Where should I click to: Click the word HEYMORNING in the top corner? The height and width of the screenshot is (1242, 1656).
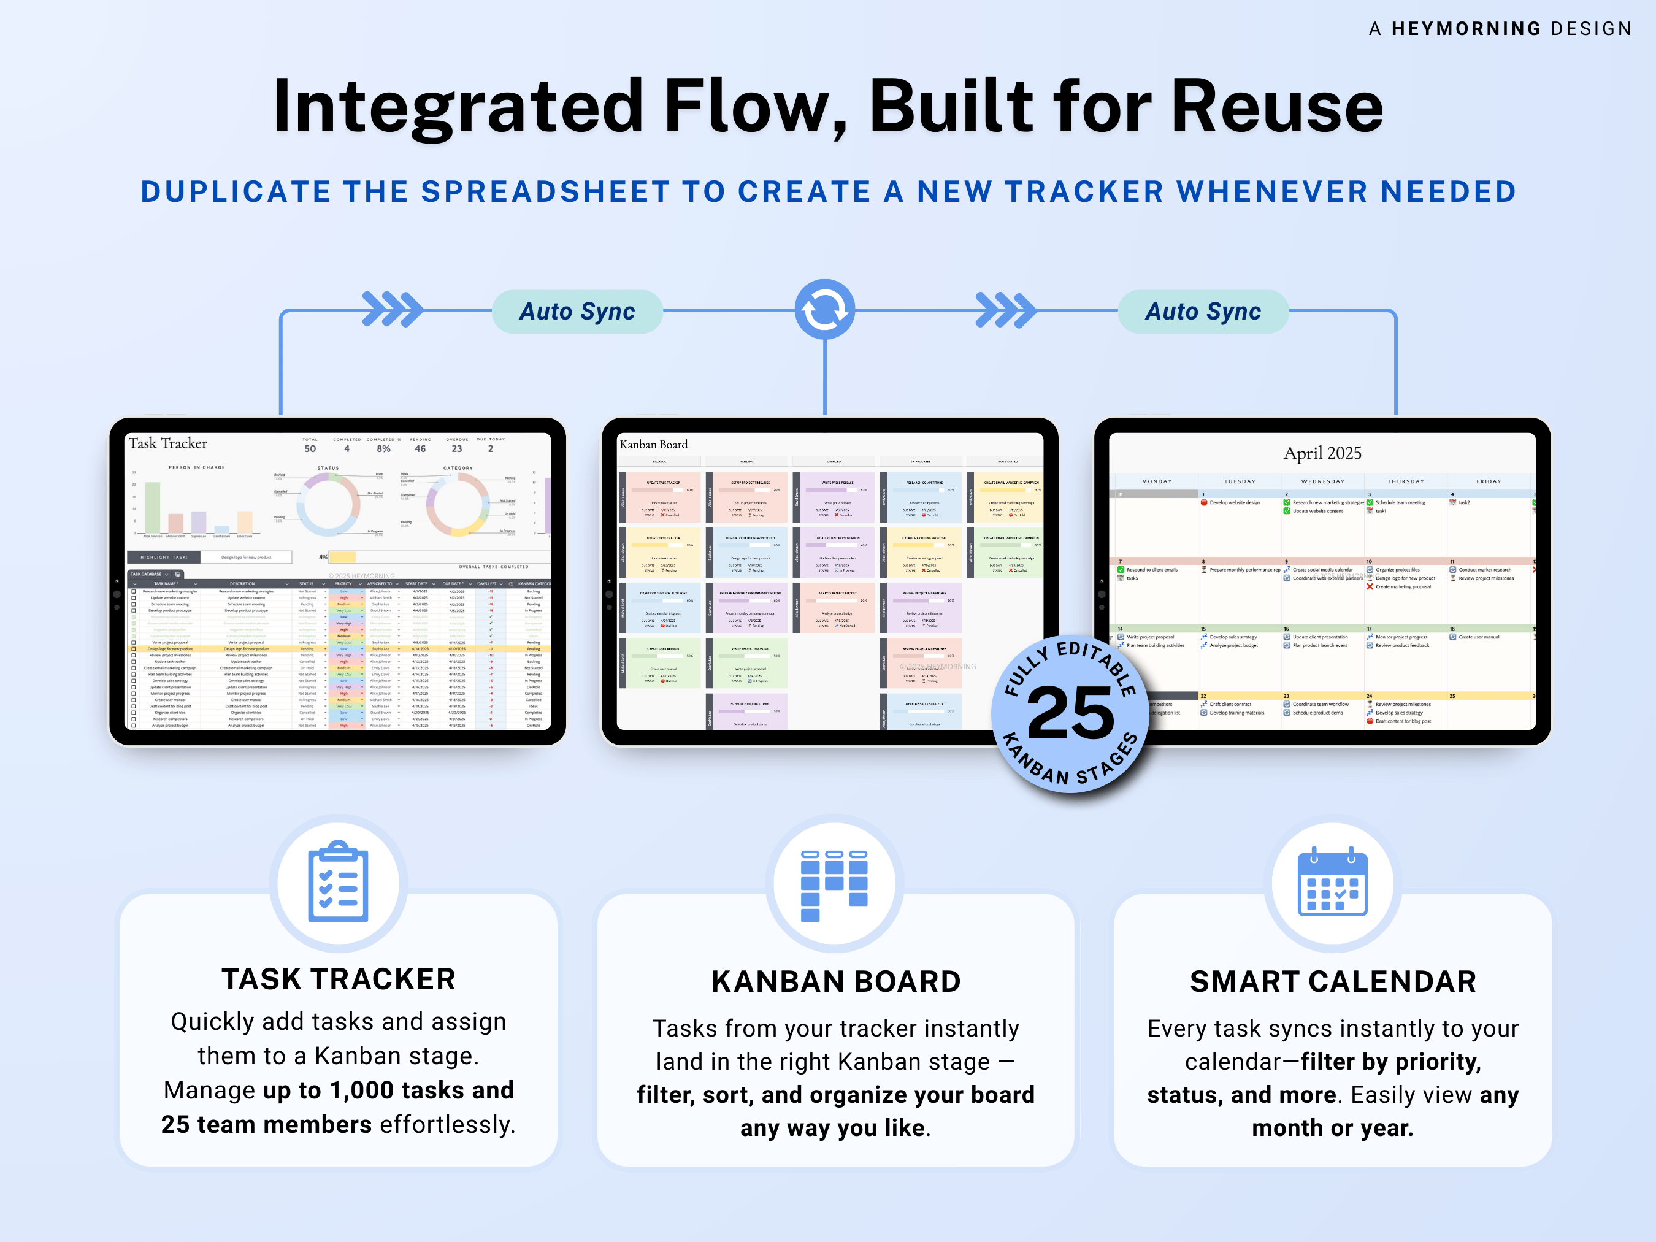[1466, 28]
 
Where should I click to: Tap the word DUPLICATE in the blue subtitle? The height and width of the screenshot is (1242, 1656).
[236, 191]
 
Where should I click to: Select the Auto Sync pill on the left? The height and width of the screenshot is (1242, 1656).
[577, 311]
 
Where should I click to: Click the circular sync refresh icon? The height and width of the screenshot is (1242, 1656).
[824, 309]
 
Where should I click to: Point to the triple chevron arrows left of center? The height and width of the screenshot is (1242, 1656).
[391, 309]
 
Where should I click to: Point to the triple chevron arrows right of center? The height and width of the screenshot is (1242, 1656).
[1005, 310]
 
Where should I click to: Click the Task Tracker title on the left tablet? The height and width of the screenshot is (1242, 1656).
[167, 443]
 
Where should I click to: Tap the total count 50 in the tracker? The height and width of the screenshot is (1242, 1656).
[310, 448]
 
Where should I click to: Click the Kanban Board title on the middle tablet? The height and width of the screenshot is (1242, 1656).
[654, 445]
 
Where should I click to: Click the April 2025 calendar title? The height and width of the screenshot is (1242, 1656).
[1322, 453]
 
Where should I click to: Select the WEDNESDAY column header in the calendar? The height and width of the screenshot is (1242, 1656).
[1323, 481]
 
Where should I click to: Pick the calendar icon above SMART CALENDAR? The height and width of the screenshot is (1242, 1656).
[1332, 883]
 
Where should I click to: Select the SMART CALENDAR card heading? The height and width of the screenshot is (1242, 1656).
[1333, 981]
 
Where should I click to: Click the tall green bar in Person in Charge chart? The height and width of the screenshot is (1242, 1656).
[153, 508]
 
